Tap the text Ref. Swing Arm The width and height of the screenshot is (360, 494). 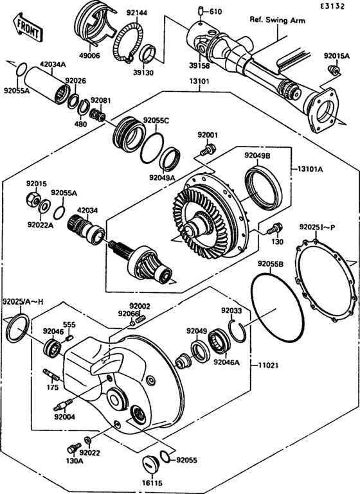pyautogui.click(x=277, y=20)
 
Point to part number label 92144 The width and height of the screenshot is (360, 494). pyautogui.click(x=136, y=12)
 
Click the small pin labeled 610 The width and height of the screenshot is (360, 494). pyautogui.click(x=201, y=11)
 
